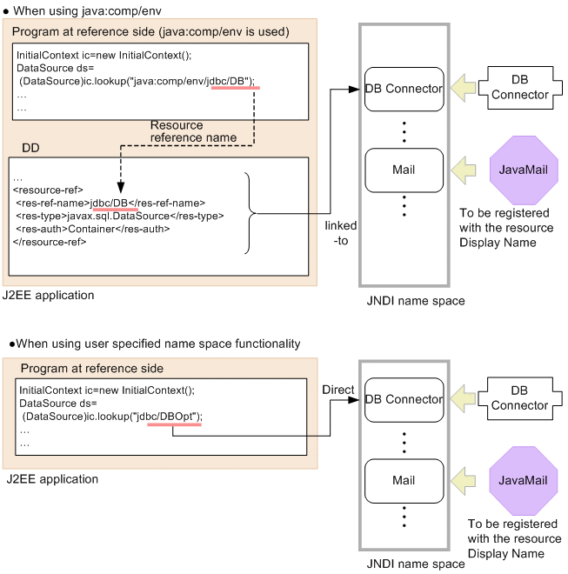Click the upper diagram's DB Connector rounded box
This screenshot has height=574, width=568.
tap(404, 89)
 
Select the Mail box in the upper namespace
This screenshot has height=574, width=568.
tap(404, 170)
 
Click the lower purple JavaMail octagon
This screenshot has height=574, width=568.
tap(519, 480)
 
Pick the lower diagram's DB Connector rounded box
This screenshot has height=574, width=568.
tap(404, 399)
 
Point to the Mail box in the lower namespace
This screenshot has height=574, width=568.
tap(404, 480)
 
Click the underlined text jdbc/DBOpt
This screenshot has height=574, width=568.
tap(174, 416)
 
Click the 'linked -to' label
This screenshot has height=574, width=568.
tap(340, 232)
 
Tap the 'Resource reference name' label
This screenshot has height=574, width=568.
tap(193, 131)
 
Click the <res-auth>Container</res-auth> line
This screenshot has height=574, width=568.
tap(92, 229)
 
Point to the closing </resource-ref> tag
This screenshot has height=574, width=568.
tap(49, 241)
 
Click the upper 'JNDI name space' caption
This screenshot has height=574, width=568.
tap(404, 301)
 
